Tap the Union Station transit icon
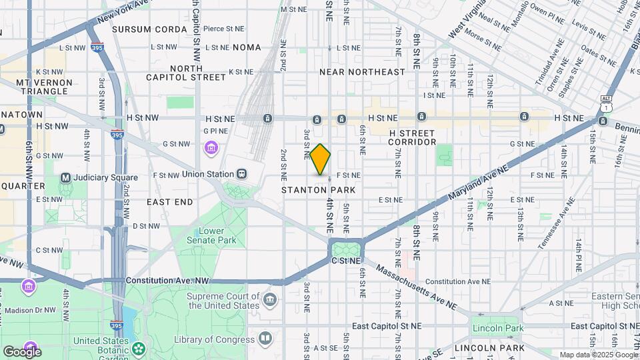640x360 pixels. coord(241,174)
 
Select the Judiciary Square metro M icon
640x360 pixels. coord(65,178)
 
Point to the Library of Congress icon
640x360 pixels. coord(265,339)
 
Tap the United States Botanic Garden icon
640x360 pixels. coord(138,348)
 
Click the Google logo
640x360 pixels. coord(22,351)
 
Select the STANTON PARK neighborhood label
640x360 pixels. coord(318,190)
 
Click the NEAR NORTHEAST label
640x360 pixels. coord(362,71)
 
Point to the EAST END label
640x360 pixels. coord(169,201)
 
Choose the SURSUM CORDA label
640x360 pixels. coord(149,29)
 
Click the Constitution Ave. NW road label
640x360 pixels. coord(167,281)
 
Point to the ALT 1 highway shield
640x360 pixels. coord(605,103)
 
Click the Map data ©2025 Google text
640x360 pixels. coord(598,355)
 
